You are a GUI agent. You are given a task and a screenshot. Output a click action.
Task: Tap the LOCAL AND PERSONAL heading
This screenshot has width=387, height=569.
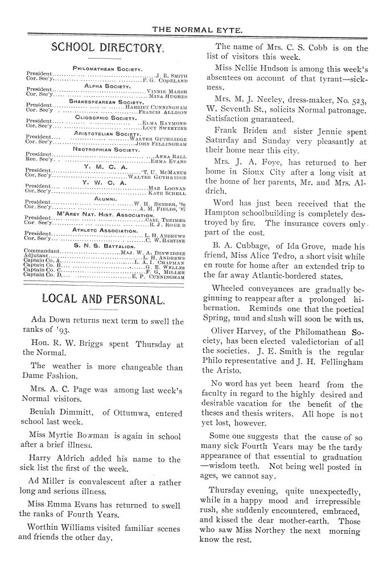click(104, 299)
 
